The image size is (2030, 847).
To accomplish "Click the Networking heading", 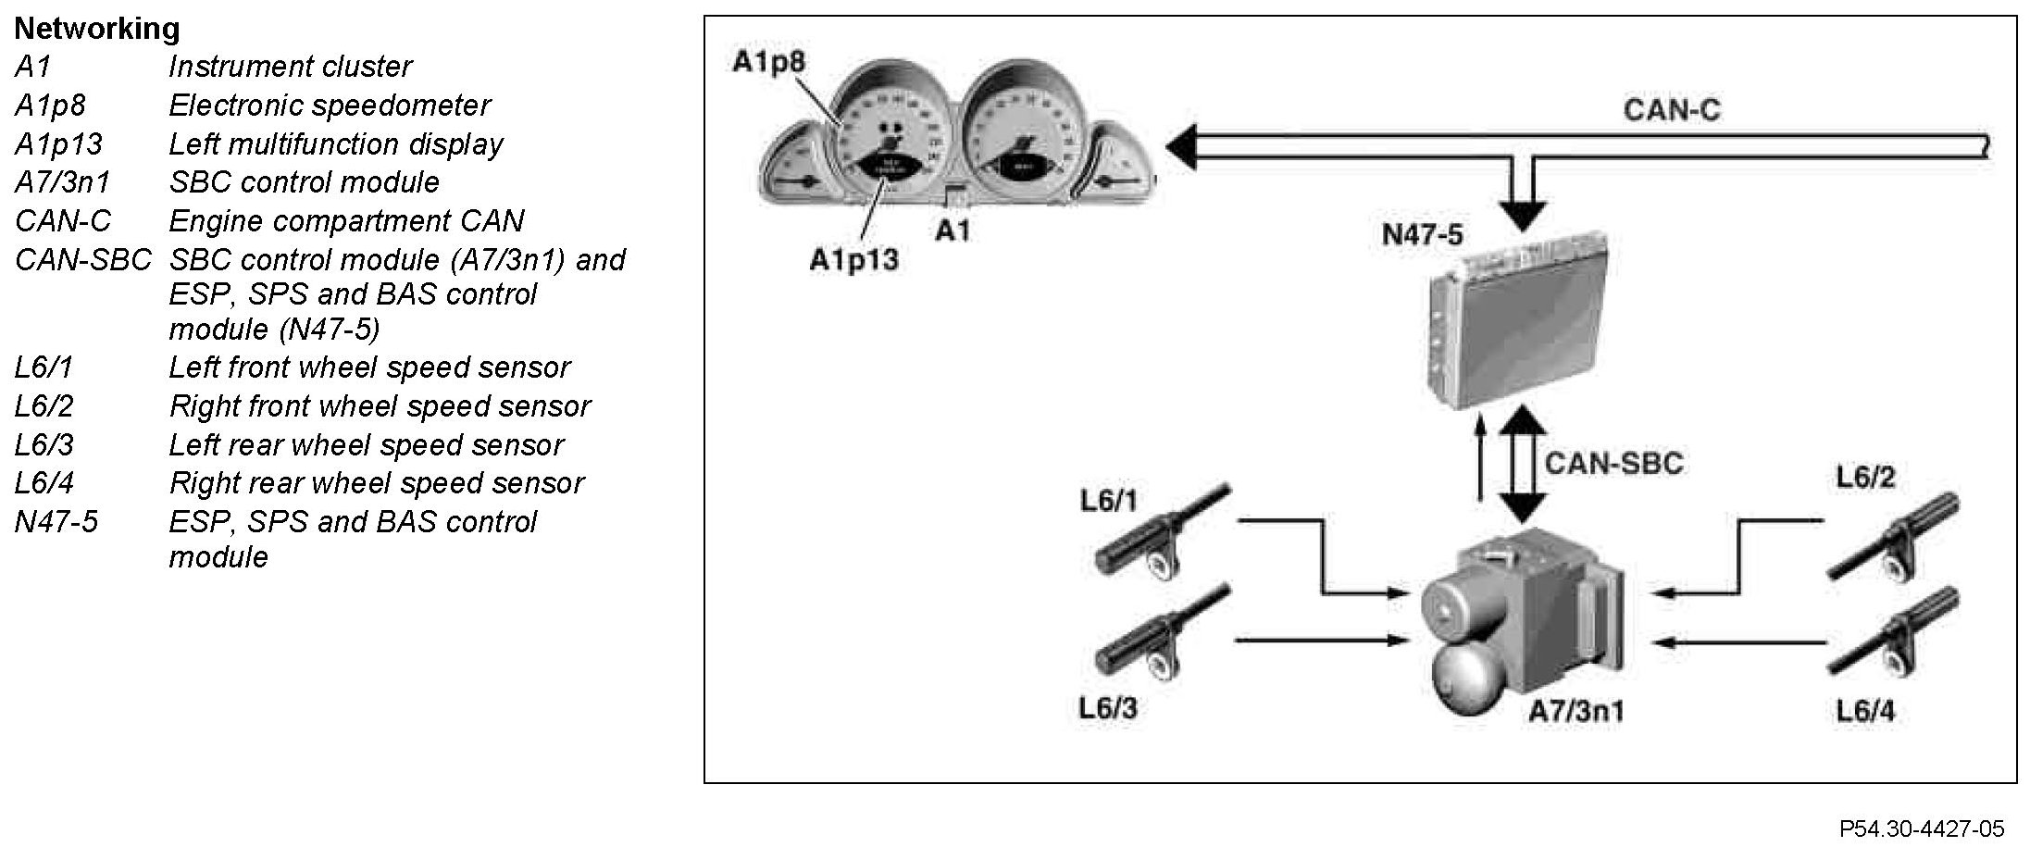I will point(96,29).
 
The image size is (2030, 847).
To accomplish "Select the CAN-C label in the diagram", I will point(1671,110).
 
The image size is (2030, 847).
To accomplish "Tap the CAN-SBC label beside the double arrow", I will point(1613,462).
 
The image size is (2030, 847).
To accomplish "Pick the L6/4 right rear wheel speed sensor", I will point(1894,638).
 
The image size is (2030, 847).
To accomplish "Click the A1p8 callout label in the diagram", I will point(768,62).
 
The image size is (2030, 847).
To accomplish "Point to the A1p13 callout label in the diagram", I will point(853,260).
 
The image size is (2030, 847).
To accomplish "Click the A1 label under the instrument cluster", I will point(953,230).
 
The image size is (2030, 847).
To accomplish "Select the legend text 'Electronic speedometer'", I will point(329,106).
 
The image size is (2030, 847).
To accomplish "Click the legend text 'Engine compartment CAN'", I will point(346,221).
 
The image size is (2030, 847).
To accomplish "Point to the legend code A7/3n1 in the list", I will point(61,182).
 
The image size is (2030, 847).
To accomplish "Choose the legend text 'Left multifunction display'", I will point(335,144).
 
